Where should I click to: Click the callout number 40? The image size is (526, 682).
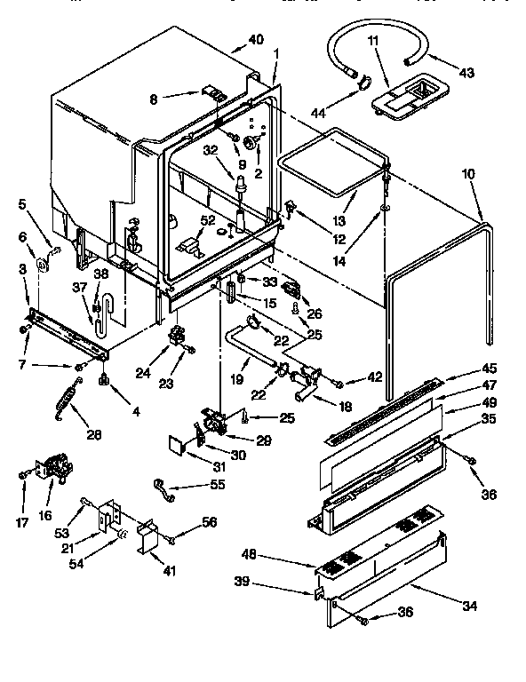pos(257,39)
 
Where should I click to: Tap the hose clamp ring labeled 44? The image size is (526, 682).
pos(363,83)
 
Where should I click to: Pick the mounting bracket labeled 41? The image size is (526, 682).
pos(147,539)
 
